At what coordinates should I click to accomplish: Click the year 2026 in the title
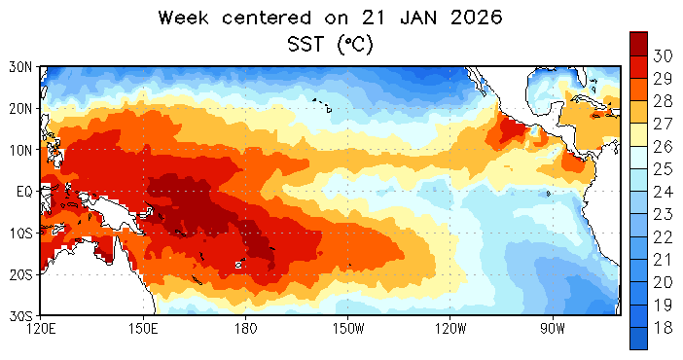[477, 18]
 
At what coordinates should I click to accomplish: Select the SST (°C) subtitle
[331, 44]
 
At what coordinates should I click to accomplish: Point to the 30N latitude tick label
[20, 67]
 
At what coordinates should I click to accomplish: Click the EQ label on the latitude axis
[24, 192]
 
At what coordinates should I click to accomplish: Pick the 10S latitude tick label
[20, 234]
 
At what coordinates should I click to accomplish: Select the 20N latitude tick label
[20, 109]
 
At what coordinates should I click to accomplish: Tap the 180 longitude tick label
[246, 329]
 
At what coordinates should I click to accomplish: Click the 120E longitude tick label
[41, 329]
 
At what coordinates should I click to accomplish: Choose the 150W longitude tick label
[348, 329]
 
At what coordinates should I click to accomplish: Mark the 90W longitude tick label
[553, 329]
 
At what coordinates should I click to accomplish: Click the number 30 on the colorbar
[663, 55]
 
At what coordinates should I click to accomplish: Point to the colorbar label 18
[663, 328]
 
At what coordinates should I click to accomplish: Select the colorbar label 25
[663, 169]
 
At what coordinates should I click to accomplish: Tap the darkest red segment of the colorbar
[638, 44]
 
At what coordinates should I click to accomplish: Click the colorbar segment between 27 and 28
[638, 112]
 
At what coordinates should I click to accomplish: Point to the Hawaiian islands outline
[323, 105]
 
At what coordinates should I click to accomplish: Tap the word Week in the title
[183, 18]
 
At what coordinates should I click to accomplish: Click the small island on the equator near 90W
[548, 194]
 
